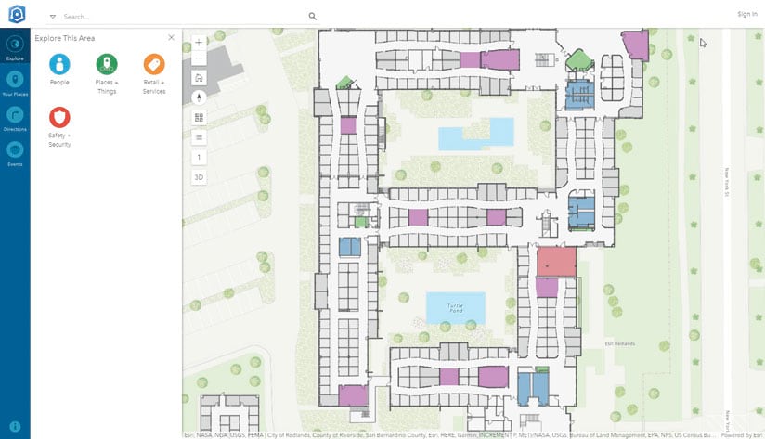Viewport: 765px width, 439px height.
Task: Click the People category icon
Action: pos(59,64)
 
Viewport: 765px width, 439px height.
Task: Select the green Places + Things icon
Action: pos(107,64)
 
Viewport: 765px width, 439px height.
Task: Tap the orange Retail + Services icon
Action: pos(154,64)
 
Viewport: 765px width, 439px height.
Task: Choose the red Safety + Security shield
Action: pos(59,118)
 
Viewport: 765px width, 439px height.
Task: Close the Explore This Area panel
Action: pos(171,37)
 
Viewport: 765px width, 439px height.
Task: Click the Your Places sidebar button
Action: pos(15,80)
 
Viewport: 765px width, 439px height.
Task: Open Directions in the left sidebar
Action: pos(15,115)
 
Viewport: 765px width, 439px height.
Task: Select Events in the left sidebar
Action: pos(15,150)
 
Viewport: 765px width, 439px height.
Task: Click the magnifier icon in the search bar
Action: pos(313,16)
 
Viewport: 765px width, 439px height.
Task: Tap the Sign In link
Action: pos(746,14)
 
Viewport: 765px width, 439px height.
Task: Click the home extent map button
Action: pos(199,78)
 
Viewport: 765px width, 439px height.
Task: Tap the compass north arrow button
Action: pos(199,97)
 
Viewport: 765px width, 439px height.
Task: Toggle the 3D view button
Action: pos(199,176)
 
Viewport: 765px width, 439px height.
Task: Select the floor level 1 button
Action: pos(199,157)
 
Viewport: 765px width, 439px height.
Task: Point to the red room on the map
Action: pos(556,262)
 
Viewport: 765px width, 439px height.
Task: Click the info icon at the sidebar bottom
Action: pos(15,425)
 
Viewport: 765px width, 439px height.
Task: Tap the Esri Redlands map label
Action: pos(619,344)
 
